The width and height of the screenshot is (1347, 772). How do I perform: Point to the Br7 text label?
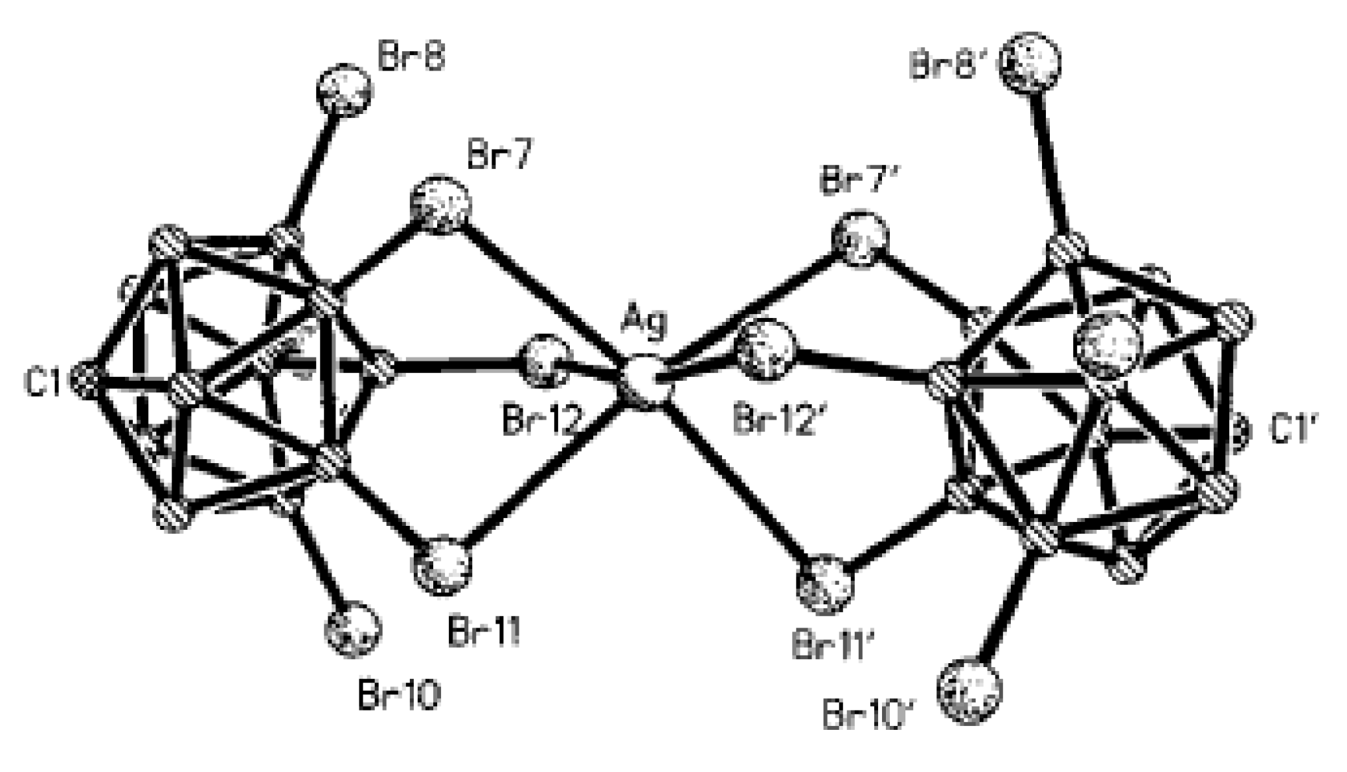click(499, 157)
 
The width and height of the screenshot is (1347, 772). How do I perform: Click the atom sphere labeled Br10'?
click(969, 690)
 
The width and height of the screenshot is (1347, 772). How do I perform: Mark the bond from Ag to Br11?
click(547, 472)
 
